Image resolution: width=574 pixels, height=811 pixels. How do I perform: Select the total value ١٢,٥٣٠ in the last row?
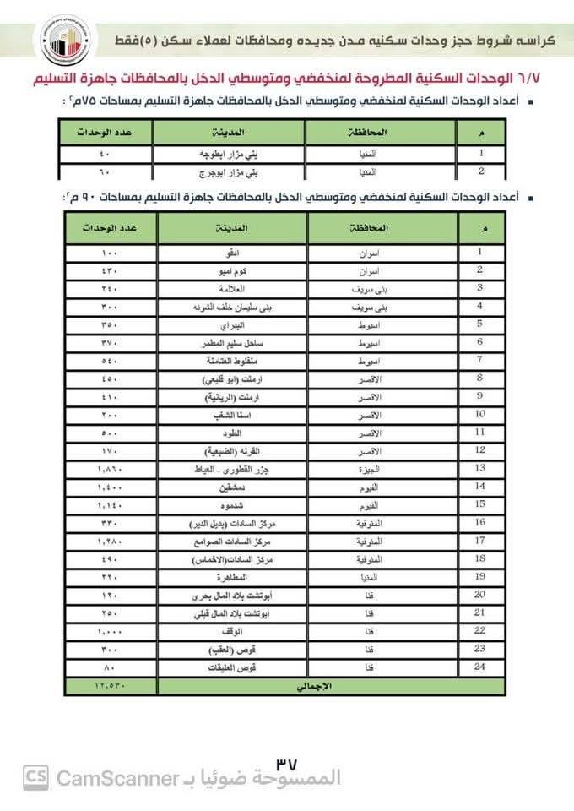pos(111,686)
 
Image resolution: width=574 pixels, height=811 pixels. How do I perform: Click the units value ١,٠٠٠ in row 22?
pos(111,631)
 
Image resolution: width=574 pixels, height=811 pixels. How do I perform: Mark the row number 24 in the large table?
pos(479,667)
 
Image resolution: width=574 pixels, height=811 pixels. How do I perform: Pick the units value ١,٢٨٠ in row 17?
pos(111,541)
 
